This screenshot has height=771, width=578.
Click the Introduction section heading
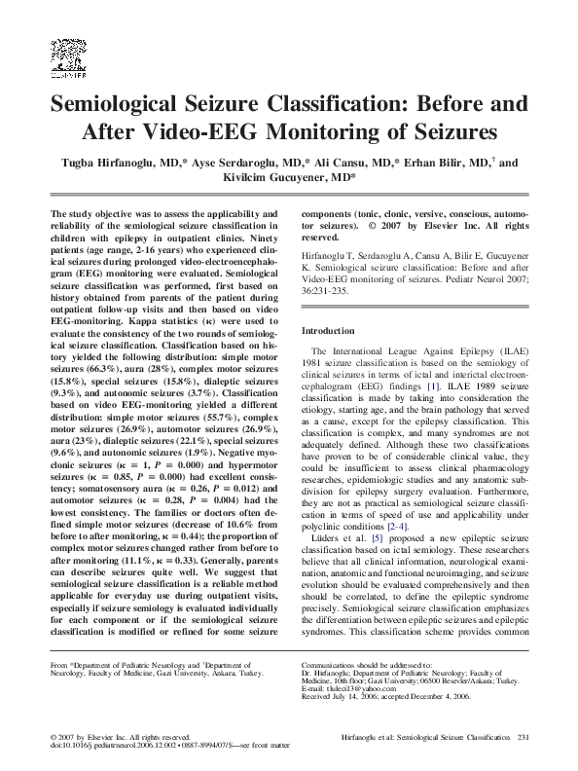click(329, 330)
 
